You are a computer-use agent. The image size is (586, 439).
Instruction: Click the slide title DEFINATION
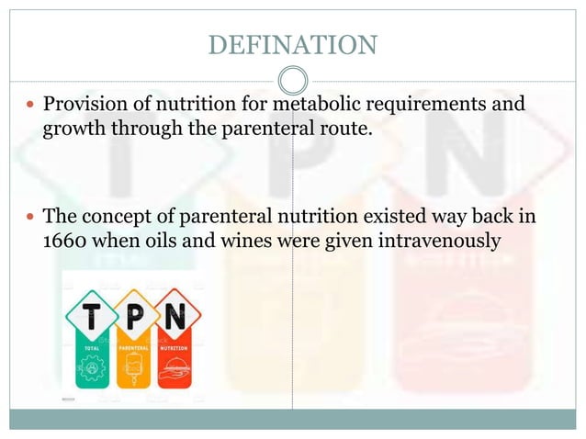click(x=292, y=44)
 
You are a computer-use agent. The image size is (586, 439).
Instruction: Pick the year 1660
click(x=69, y=242)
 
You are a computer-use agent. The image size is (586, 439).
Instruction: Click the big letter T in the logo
click(x=93, y=317)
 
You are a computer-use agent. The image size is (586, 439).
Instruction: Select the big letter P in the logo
click(x=133, y=317)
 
